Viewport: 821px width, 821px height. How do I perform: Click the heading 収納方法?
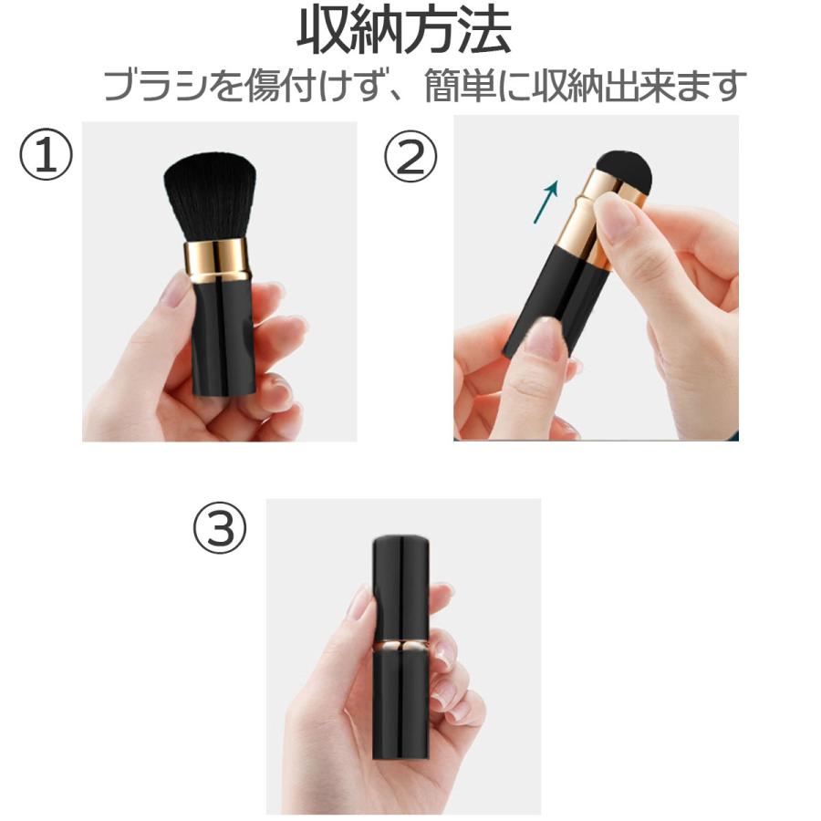click(x=404, y=32)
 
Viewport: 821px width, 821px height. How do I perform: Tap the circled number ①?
click(x=46, y=155)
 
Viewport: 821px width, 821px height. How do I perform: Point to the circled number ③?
click(x=220, y=529)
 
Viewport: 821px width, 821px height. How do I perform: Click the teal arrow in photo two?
click(x=547, y=200)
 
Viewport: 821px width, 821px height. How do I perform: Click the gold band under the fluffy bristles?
click(x=216, y=261)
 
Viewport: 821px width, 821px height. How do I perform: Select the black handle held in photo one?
click(x=221, y=333)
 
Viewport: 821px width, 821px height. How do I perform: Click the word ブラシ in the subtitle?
click(x=154, y=87)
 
